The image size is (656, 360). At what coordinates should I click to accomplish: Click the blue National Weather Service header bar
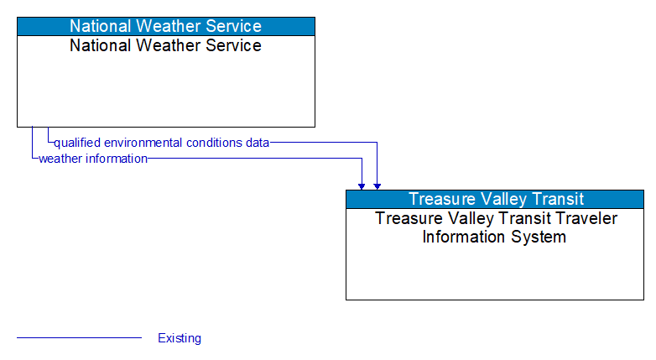click(165, 26)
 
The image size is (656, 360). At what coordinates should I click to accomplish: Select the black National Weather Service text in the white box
click(165, 45)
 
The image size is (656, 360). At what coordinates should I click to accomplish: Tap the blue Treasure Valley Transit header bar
click(495, 199)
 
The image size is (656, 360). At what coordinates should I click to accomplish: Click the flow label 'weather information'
click(93, 158)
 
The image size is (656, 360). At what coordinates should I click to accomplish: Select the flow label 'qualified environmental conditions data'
click(161, 143)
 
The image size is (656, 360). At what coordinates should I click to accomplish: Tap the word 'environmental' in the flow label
click(143, 143)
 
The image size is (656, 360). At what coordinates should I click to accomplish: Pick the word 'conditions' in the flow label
click(215, 143)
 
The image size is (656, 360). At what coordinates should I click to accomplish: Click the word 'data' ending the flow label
click(258, 143)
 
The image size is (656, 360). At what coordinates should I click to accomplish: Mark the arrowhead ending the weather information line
click(362, 185)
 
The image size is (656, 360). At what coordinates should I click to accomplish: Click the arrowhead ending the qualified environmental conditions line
click(377, 185)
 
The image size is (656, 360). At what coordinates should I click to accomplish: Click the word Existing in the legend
click(180, 338)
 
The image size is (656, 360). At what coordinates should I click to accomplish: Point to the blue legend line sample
click(79, 338)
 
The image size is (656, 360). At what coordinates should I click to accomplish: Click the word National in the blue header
click(101, 26)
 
